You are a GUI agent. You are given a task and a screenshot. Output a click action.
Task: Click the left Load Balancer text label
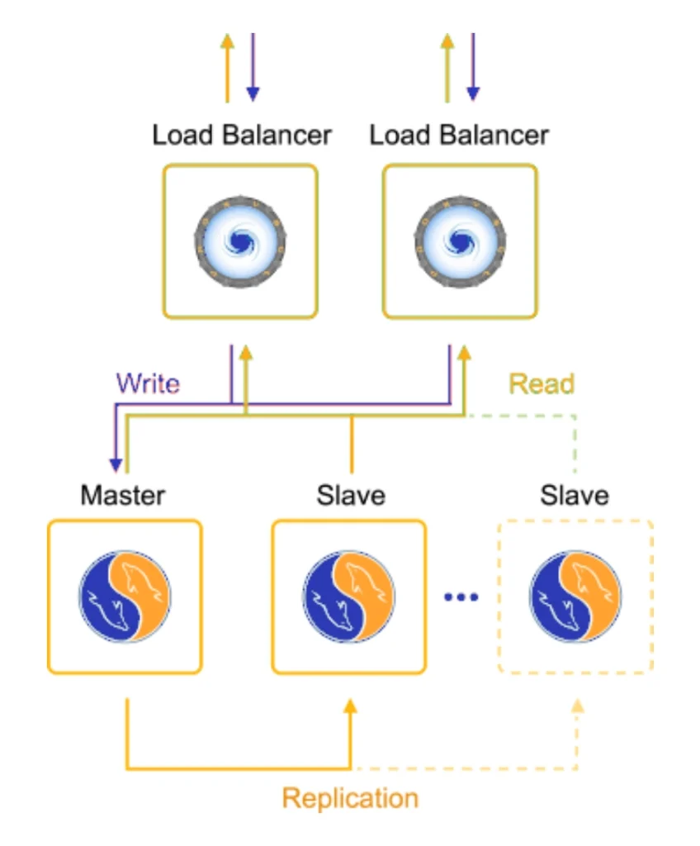point(241,135)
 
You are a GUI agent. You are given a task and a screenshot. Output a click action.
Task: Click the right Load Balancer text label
point(459,135)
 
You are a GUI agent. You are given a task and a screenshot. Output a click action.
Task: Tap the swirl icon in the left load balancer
point(240,240)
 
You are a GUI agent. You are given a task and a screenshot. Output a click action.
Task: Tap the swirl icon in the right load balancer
point(459,240)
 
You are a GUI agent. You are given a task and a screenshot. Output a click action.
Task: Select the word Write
point(148,383)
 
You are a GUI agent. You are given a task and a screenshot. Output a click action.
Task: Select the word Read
point(541,383)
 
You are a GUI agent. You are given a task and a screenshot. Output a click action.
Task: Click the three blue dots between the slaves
point(461,596)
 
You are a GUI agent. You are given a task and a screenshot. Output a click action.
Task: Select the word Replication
point(350,798)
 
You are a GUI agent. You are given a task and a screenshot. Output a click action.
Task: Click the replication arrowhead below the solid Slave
point(350,706)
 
